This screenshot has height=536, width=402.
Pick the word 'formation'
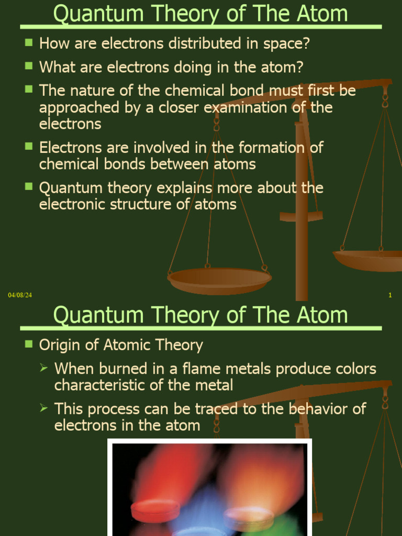coord(276,148)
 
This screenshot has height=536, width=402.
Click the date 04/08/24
coord(20,296)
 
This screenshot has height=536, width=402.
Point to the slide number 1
coord(390,296)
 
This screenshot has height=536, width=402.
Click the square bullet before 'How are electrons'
coord(29,42)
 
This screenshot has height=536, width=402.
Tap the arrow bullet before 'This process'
coord(45,408)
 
